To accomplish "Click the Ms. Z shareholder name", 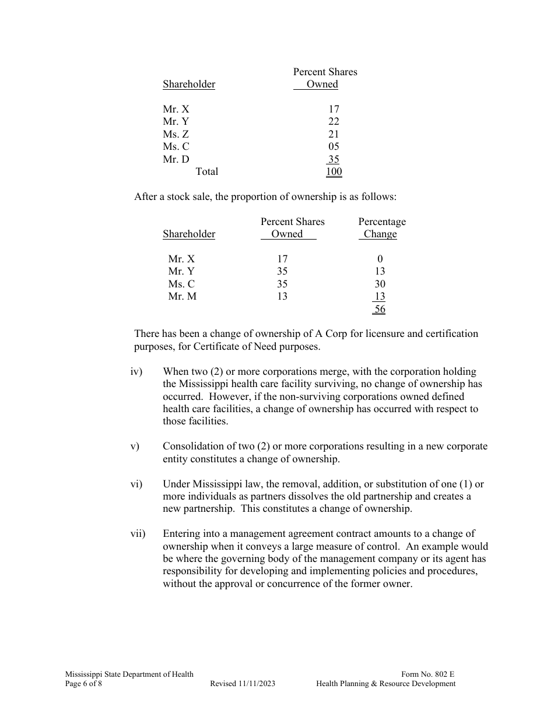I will click(176, 134).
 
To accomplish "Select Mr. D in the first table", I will click(176, 159).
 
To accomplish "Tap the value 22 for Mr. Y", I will click(334, 121).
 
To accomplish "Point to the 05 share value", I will click(334, 146).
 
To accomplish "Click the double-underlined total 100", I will click(334, 171).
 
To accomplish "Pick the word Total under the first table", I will click(207, 171).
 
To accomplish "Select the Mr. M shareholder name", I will click(183, 296).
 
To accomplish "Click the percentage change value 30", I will click(380, 284).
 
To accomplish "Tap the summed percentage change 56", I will click(380, 309).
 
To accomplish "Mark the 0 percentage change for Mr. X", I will click(380, 259).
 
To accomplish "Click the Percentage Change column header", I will click(381, 228).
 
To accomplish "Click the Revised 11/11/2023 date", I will click(243, 684).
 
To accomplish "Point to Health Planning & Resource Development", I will click(386, 684).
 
